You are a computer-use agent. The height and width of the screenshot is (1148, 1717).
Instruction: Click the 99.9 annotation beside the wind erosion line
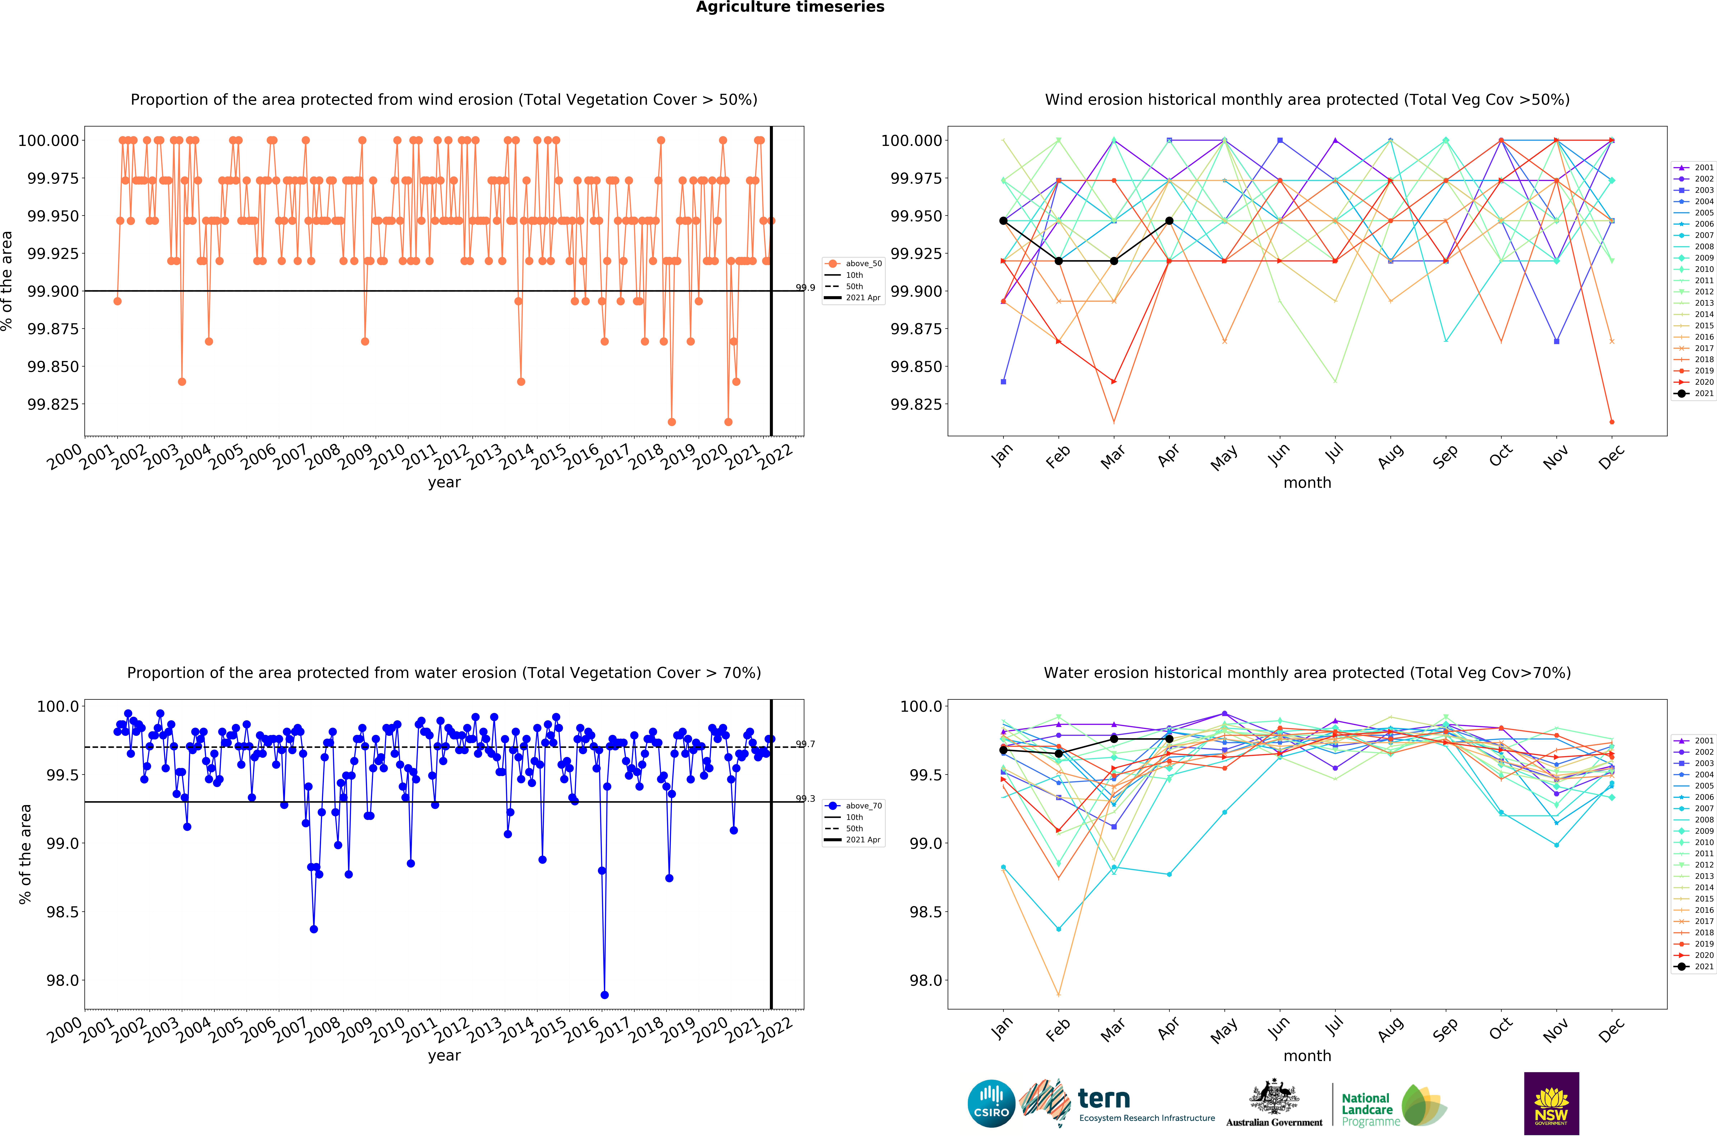coord(806,288)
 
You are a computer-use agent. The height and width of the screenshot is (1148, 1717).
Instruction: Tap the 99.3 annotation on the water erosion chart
coord(806,799)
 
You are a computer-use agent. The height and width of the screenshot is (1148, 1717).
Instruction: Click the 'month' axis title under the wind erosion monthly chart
coord(1307,482)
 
